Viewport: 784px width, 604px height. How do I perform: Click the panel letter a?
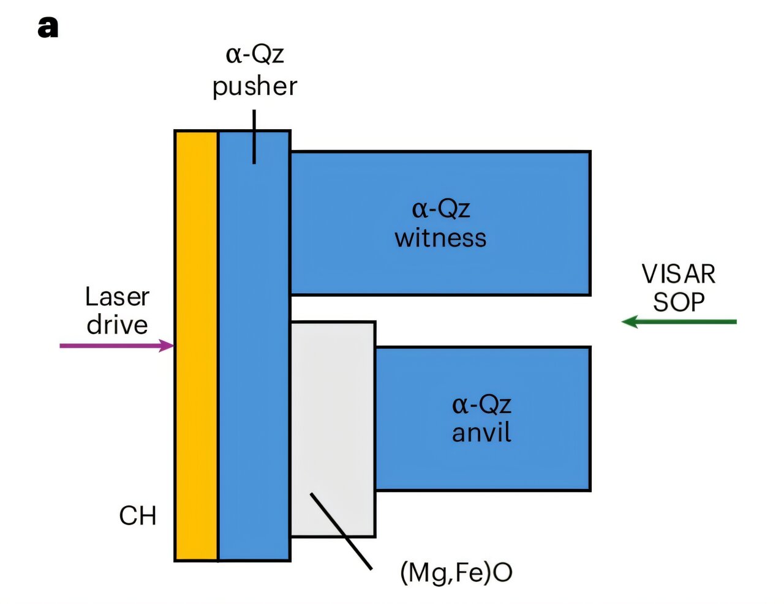pos(48,28)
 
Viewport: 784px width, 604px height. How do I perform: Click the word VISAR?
pos(678,274)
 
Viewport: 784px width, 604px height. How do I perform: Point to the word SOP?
pos(678,302)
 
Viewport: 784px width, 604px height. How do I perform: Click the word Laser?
pos(117,297)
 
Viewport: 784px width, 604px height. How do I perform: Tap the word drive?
pos(117,325)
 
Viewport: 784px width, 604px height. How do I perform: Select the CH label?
pos(137,516)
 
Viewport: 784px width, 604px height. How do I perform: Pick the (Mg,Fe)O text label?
pos(456,572)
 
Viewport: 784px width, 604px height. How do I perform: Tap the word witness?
pos(440,238)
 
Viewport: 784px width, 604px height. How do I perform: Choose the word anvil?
pos(481,433)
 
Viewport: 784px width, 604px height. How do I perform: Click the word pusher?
pos(255,87)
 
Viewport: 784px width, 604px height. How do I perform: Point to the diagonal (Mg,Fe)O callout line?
pos(341,531)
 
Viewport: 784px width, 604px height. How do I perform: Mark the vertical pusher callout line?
pos(254,136)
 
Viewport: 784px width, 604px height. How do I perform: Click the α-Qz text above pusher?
pos(255,55)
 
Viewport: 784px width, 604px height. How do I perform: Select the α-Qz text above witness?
pos(440,209)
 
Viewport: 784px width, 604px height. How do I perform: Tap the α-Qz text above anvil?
pos(481,405)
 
